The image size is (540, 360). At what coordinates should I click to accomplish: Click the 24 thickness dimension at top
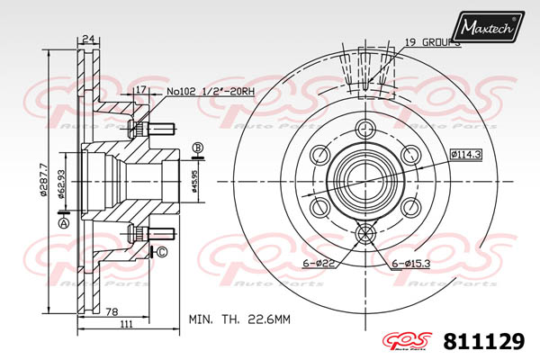tap(88, 39)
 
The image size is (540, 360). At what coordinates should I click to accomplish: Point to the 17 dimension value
tap(140, 90)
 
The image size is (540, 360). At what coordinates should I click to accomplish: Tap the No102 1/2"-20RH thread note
tap(210, 90)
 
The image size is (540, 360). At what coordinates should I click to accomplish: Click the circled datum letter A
tap(64, 222)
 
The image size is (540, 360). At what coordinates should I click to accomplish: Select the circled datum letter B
tap(198, 148)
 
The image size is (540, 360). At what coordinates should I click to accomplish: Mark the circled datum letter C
tap(162, 252)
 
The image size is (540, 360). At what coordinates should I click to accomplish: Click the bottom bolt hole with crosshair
tap(365, 235)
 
